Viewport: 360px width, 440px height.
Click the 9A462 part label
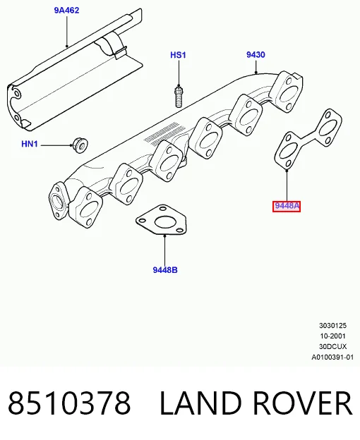(x=67, y=11)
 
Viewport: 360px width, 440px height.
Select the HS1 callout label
(x=178, y=55)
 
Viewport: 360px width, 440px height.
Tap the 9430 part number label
(x=256, y=54)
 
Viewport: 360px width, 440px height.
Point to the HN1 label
(x=30, y=144)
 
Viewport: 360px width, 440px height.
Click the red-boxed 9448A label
(x=287, y=206)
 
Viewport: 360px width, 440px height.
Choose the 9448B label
(x=165, y=270)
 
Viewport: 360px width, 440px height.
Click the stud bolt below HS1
(x=179, y=97)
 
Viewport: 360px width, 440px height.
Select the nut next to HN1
(x=80, y=145)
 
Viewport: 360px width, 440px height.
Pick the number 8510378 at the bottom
(x=69, y=403)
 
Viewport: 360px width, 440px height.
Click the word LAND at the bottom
(x=200, y=403)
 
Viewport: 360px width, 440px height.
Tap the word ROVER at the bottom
(x=303, y=403)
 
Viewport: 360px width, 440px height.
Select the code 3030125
(x=332, y=326)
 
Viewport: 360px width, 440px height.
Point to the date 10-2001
(x=332, y=336)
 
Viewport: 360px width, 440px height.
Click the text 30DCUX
(x=332, y=346)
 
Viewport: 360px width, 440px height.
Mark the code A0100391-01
(x=332, y=357)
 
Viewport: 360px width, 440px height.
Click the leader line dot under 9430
(x=256, y=73)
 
